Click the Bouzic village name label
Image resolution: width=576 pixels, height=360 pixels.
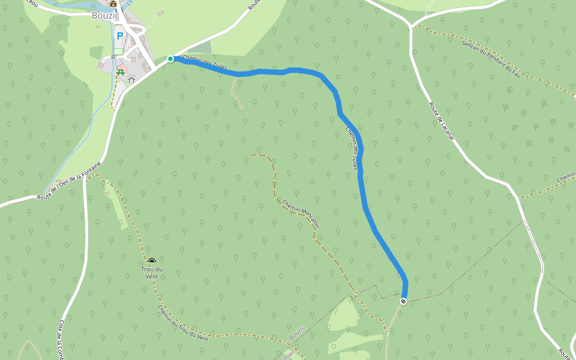tap(106, 16)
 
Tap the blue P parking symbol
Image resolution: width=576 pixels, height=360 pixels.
tap(120, 36)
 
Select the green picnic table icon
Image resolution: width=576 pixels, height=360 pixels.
tap(121, 73)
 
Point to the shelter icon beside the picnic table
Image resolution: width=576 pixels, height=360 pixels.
tap(131, 79)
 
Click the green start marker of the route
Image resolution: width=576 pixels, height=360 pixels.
tap(170, 59)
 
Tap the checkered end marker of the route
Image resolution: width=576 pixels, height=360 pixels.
tap(403, 301)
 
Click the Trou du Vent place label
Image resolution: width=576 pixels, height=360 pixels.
tap(152, 272)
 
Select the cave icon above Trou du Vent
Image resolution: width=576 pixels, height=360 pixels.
tap(152, 261)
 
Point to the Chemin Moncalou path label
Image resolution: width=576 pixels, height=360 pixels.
tap(301, 213)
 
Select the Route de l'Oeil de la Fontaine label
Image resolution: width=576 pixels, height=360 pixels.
tap(68, 180)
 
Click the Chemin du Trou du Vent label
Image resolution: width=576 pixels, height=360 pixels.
tap(183, 324)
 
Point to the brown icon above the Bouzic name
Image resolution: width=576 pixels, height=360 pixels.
tap(113, 4)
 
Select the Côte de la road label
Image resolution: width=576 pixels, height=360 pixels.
tap(61, 340)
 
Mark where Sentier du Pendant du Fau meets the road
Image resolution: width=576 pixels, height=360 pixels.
tap(412, 26)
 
